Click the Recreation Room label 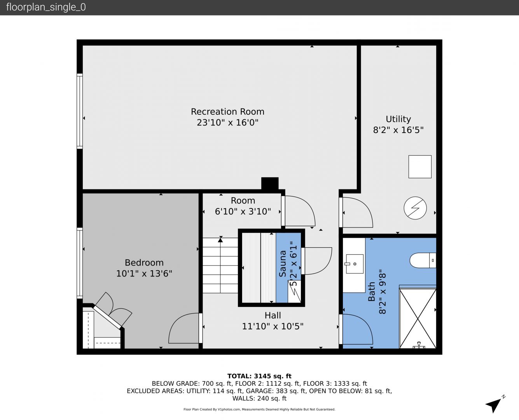point(227,112)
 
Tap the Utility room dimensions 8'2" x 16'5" point(398,130)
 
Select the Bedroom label point(144,262)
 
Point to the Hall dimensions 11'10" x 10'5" point(273,326)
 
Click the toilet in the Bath point(423,260)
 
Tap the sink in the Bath point(355,264)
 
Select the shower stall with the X point(418,318)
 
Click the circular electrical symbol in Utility point(415,208)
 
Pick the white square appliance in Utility point(420,167)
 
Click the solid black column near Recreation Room point(270,184)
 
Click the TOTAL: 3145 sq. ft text point(259,376)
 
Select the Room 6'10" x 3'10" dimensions point(243,211)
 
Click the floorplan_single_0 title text point(46,7)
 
